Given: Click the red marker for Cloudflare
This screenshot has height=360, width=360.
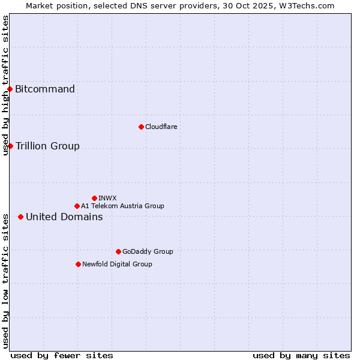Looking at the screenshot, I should [141, 127].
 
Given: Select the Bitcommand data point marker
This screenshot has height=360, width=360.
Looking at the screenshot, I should [10, 89].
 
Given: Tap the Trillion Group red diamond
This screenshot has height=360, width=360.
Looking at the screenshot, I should [10, 146].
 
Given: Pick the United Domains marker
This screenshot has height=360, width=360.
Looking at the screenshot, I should [20, 217].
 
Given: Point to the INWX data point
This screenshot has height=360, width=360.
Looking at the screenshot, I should [94, 198].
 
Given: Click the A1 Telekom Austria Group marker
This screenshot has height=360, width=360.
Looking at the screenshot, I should [77, 206].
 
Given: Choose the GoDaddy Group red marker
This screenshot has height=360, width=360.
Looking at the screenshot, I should [118, 251].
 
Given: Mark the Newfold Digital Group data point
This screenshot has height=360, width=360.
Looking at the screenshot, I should [78, 264].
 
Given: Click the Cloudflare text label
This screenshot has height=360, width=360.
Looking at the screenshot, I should [161, 127].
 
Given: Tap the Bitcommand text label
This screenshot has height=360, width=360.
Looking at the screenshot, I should [45, 89].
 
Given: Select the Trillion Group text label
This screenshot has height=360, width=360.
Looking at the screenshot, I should [47, 146].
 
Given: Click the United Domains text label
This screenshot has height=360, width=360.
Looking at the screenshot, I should [64, 217].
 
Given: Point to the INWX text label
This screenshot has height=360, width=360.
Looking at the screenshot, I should [107, 198].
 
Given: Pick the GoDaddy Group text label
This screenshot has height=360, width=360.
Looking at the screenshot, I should [148, 251].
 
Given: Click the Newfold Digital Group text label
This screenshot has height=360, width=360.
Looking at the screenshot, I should [117, 264].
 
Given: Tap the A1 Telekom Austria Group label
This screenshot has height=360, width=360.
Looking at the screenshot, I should [122, 206].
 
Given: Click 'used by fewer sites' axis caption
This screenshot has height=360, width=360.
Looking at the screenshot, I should [62, 355].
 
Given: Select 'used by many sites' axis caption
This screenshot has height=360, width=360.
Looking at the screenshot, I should [301, 355].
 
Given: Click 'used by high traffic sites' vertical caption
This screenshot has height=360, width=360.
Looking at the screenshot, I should [5, 85].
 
